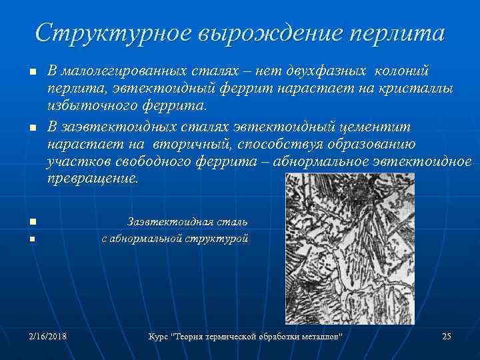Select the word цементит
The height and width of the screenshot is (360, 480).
click(378, 127)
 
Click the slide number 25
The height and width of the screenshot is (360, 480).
click(447, 336)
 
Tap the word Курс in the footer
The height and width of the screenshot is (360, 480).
click(157, 336)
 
